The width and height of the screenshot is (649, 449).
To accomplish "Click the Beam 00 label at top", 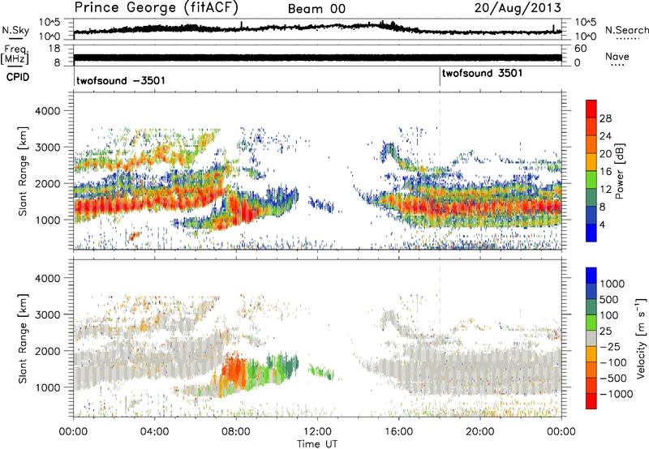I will tap(317, 8).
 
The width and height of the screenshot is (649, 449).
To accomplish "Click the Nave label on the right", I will tap(617, 56).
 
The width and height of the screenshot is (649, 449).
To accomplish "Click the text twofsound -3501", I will tap(122, 81).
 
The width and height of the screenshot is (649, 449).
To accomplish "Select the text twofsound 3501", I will tap(482, 74).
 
